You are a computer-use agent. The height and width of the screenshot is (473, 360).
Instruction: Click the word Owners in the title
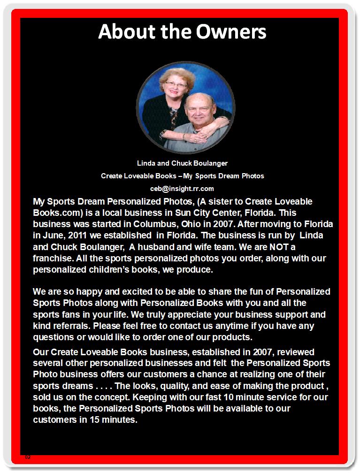tap(228, 31)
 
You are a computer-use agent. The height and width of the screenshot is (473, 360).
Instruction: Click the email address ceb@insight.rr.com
tap(182, 189)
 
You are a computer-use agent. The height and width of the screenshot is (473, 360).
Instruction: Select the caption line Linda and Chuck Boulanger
tap(182, 163)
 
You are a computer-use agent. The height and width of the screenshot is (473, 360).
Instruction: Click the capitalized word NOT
tap(261, 246)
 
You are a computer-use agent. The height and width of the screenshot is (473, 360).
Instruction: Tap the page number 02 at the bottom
tap(28, 457)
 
